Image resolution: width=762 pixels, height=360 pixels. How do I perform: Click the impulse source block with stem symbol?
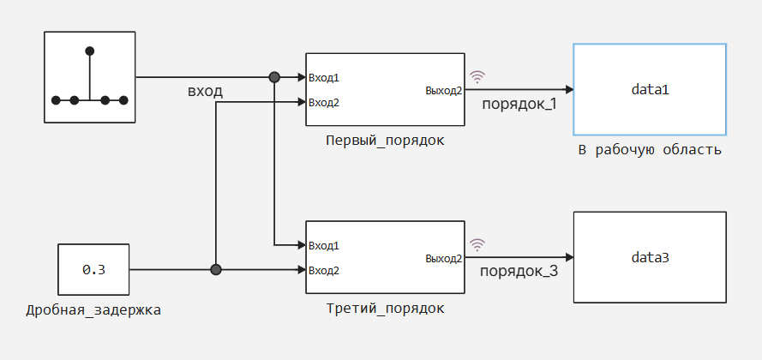90,77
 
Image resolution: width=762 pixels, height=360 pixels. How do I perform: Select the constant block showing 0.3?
93,270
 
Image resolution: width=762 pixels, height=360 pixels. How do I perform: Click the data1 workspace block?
649,89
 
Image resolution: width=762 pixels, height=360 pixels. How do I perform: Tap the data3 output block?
649,257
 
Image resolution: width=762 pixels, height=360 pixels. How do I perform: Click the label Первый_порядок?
385,141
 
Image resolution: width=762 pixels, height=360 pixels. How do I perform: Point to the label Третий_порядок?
385,309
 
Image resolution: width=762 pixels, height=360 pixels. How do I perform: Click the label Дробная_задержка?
93,309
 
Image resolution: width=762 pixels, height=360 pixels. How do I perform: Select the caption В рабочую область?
649,150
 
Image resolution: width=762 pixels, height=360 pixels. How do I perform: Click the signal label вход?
205,92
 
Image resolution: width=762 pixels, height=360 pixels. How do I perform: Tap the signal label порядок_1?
519,105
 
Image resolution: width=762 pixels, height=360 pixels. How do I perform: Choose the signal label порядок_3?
519,273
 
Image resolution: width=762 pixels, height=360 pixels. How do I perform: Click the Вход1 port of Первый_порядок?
324,78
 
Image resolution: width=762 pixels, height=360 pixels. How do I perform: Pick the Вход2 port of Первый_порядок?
324,103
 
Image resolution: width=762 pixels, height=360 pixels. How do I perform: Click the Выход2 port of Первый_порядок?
443,90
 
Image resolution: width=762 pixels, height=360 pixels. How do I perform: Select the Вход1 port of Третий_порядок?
324,245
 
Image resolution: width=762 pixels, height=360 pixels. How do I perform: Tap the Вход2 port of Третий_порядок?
324,270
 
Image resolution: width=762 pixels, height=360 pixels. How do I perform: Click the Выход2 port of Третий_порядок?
443,258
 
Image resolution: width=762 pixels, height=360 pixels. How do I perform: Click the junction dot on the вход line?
274,77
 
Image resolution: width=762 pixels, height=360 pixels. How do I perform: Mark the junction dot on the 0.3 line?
216,270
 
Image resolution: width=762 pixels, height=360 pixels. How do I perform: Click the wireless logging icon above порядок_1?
477,76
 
